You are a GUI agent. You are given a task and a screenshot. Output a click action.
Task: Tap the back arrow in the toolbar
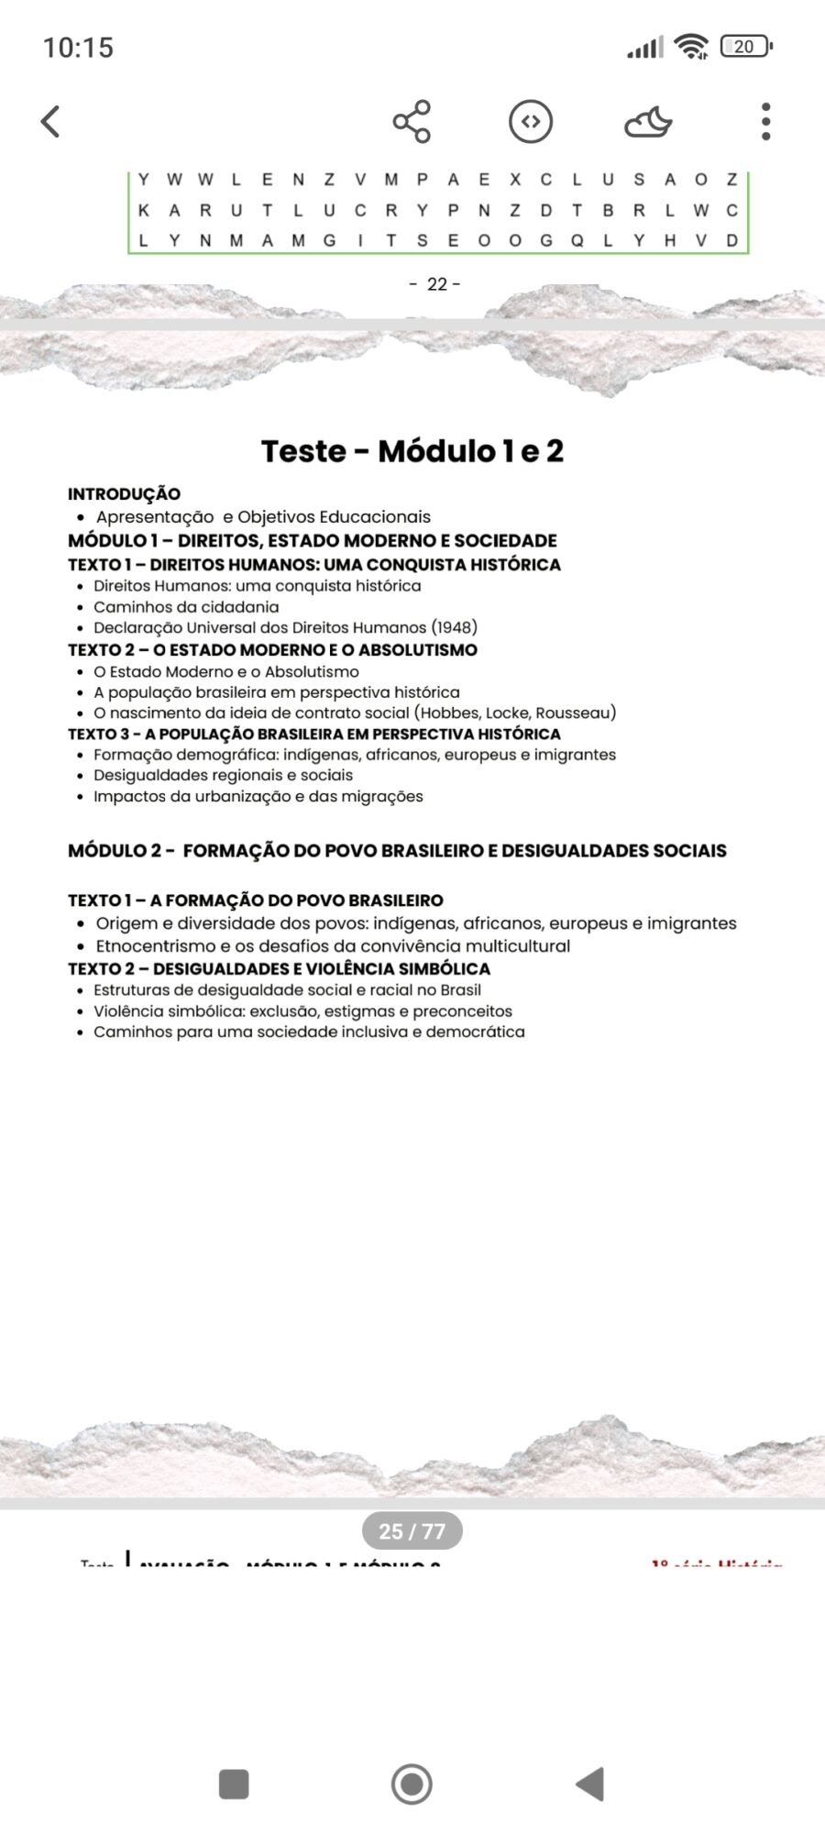[51, 121]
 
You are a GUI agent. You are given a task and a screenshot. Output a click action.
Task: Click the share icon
[412, 121]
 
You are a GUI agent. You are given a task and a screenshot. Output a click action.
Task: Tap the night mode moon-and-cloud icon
[648, 122]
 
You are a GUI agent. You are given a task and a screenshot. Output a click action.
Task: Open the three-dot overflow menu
[765, 121]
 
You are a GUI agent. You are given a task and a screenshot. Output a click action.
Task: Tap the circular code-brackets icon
[531, 121]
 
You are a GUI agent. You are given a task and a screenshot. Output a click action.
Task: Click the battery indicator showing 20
[746, 46]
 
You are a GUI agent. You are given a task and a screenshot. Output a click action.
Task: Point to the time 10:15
[78, 47]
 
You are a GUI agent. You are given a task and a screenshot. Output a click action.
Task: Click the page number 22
[436, 284]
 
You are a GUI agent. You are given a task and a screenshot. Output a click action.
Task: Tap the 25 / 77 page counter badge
[412, 1530]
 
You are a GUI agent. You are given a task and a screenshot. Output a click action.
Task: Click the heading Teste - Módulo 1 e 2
[412, 451]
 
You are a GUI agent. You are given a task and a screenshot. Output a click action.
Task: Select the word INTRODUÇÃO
[124, 494]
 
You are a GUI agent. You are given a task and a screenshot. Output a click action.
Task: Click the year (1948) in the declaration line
[454, 628]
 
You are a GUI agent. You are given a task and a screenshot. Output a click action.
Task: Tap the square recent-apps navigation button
[234, 1784]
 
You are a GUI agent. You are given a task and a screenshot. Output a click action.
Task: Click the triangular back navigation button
[589, 1784]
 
